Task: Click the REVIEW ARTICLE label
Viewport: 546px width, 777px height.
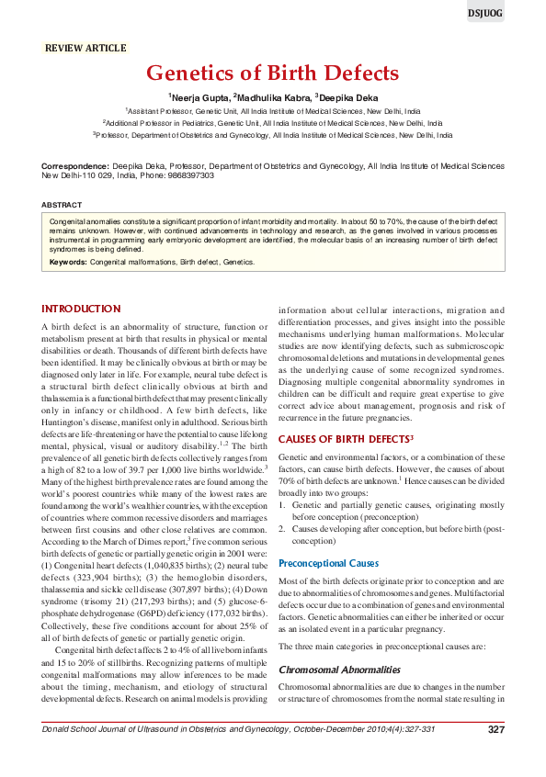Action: click(86, 47)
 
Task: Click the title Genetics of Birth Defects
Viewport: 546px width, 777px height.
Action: click(272, 73)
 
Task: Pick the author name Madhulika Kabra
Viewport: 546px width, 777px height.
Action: click(272, 96)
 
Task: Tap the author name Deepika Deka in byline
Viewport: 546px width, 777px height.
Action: click(347, 96)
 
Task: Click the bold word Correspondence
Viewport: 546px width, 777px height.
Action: click(76, 166)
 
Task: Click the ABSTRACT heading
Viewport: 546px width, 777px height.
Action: click(63, 204)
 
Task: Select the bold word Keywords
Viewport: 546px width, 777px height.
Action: click(68, 262)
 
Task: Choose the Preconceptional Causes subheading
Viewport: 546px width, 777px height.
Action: click(333, 562)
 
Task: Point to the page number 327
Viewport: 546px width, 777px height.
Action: click(495, 755)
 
